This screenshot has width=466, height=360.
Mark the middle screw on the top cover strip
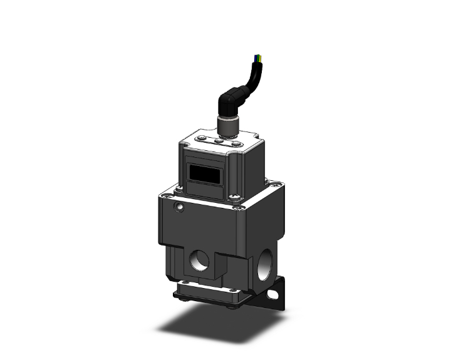tap(220, 141)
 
